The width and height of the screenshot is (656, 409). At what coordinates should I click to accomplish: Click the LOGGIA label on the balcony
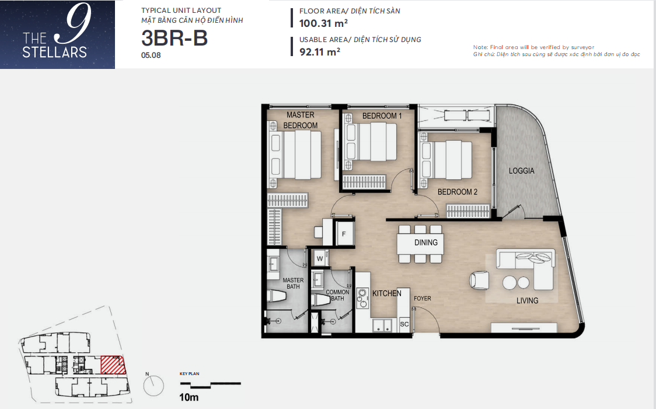521,171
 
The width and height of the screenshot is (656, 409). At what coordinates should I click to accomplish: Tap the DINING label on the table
426,242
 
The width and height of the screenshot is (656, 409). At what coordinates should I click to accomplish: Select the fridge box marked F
344,234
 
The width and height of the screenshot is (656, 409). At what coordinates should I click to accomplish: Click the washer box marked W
320,258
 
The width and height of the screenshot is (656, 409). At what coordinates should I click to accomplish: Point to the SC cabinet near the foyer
404,324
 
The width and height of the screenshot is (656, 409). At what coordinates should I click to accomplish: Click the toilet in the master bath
277,296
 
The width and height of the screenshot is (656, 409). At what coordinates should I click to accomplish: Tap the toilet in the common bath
320,299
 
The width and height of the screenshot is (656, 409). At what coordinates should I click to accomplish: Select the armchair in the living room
479,280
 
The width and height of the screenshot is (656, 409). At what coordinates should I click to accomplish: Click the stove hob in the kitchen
362,297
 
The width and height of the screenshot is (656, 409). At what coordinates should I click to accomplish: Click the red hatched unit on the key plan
113,365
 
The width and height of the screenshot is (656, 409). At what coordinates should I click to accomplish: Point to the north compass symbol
153,386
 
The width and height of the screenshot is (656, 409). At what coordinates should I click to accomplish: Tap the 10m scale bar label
189,397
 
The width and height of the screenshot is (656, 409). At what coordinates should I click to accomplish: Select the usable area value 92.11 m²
320,52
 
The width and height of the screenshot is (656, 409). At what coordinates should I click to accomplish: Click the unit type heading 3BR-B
175,37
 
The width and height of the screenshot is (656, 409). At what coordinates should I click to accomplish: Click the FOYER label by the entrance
422,299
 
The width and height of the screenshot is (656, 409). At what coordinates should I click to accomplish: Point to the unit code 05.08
151,56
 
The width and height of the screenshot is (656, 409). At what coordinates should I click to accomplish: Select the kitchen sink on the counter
383,325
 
